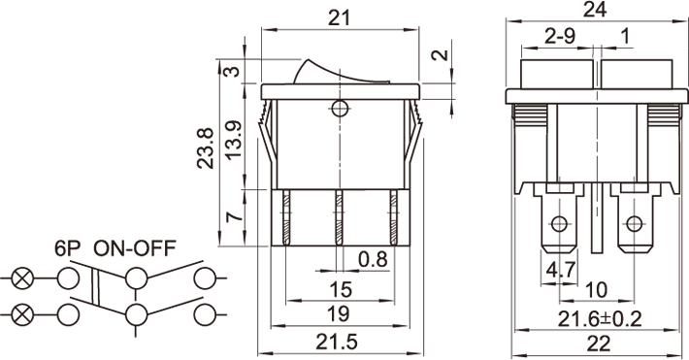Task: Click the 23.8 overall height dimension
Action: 205,148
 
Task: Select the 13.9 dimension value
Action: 234,140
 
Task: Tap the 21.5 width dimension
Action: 337,342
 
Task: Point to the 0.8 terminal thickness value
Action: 373,259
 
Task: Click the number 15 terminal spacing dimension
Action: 341,289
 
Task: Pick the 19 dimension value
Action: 339,313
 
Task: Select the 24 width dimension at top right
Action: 595,9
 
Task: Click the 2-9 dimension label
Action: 559,36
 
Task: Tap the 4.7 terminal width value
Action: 560,270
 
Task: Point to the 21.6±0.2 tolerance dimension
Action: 600,318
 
